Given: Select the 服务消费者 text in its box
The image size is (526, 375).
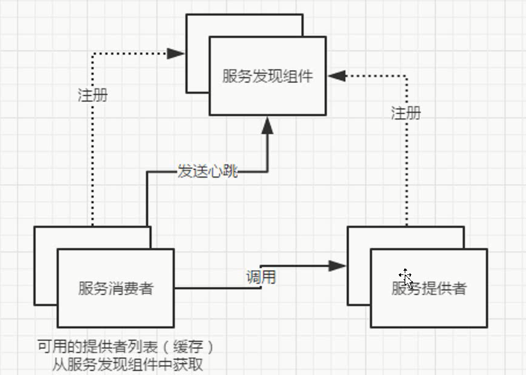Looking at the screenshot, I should click(x=116, y=288).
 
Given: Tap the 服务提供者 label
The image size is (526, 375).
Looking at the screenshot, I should click(x=429, y=288).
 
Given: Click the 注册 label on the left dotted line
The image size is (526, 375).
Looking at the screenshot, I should click(x=93, y=95).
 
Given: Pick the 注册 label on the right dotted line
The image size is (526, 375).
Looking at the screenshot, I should click(x=406, y=113).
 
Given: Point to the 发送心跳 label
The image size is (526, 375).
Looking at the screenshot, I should click(x=207, y=171).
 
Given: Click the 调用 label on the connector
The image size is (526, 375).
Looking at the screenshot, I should click(x=261, y=277).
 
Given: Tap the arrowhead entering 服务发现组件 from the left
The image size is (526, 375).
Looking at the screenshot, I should click(x=176, y=54).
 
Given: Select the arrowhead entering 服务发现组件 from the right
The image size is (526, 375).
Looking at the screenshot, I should click(x=337, y=76).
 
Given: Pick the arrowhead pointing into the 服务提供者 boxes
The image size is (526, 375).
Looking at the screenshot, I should click(x=337, y=266).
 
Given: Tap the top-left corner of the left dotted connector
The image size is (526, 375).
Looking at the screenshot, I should click(x=93, y=54).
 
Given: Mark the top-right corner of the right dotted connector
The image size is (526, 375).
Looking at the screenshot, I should click(x=406, y=76).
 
